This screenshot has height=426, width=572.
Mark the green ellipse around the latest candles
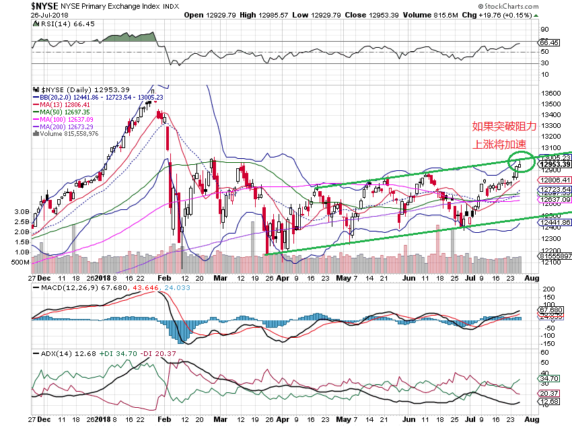(x=521, y=161)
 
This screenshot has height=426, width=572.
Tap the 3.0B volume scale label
(x=22, y=211)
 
